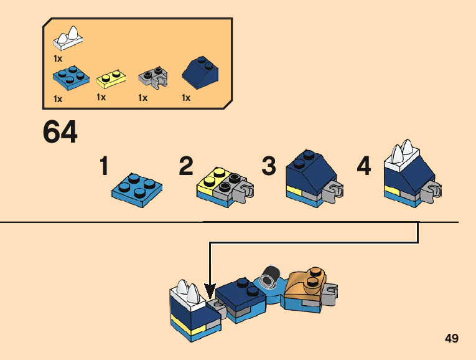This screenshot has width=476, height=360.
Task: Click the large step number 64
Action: point(60,132)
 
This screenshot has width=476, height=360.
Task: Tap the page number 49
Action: point(452,338)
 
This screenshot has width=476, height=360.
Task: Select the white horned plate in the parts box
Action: point(69,39)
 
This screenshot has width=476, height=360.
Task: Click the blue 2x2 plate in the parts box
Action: point(70,78)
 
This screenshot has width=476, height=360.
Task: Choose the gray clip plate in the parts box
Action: point(154,78)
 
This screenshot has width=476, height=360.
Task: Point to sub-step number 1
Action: point(105,167)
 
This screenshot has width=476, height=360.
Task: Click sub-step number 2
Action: point(185,167)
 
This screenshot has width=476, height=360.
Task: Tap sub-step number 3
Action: point(268,167)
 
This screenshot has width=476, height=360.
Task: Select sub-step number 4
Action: point(363,167)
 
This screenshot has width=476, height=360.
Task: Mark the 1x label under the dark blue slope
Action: point(185,98)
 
